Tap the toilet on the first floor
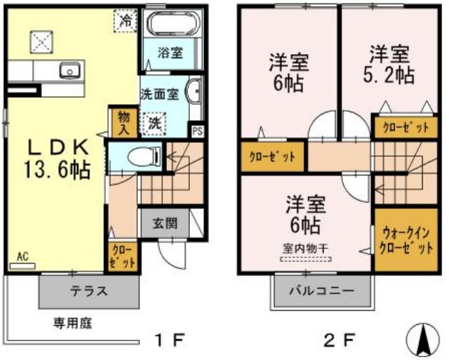pyautogui.click(x=143, y=157)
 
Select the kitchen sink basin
pyautogui.click(x=70, y=71)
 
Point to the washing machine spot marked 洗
pyautogui.click(x=155, y=123)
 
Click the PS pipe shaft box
pyautogui.click(x=197, y=131)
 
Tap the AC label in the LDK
pyautogui.click(x=23, y=257)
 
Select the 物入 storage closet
pyautogui.click(x=124, y=123)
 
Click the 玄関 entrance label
pyautogui.click(x=165, y=223)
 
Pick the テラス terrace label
pyautogui.click(x=89, y=291)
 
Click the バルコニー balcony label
pyautogui.click(x=322, y=291)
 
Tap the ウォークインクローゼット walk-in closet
pyautogui.click(x=406, y=239)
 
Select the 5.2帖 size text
pyautogui.click(x=389, y=76)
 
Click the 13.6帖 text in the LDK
pyautogui.click(x=57, y=170)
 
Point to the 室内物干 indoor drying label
pyautogui.click(x=305, y=248)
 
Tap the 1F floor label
pyautogui.click(x=169, y=340)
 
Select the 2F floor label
pyautogui.click(x=340, y=340)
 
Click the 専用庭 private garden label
pyautogui.click(x=73, y=324)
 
